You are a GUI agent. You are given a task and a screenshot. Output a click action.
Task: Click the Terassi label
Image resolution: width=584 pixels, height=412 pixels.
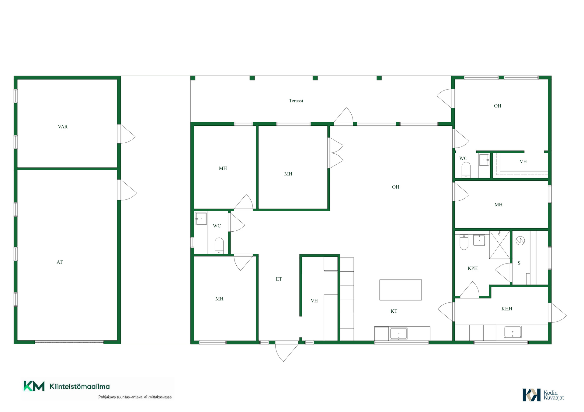(296, 101)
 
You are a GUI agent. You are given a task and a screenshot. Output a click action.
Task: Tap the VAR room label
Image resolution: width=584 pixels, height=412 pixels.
(63, 127)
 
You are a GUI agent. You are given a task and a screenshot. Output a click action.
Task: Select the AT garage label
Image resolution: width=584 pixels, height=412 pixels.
(60, 262)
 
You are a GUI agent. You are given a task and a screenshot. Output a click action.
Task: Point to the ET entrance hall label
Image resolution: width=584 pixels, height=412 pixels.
(279, 279)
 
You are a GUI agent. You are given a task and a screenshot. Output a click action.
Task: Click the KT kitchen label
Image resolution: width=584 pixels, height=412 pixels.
(394, 311)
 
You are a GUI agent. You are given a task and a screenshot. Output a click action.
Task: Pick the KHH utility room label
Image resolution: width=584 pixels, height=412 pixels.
(507, 309)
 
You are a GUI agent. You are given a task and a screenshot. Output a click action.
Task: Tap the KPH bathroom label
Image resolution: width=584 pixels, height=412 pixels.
(473, 268)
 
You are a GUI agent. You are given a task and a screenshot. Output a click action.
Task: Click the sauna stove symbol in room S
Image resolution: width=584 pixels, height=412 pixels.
(520, 241)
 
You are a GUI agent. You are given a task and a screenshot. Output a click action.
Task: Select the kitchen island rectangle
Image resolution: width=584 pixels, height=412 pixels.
(400, 290)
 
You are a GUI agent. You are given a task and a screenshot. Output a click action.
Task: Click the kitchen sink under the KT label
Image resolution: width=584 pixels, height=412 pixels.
(398, 334)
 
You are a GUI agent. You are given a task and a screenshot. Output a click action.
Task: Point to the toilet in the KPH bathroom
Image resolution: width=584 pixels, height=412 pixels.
(464, 242)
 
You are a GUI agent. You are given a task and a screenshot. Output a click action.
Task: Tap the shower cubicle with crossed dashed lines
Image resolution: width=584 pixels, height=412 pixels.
(499, 245)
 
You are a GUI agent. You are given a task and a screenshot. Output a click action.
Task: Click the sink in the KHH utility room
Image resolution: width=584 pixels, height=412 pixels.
(513, 332)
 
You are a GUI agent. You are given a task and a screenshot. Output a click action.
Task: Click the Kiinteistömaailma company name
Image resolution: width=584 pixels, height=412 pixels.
(80, 386)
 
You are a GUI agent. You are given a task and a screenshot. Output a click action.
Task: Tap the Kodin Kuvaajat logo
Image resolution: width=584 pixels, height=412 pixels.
(543, 395)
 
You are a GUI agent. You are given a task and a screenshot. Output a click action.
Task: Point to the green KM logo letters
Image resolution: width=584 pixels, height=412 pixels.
(34, 386)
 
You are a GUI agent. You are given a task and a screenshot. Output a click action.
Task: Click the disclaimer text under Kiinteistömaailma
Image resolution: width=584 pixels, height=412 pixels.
(135, 397)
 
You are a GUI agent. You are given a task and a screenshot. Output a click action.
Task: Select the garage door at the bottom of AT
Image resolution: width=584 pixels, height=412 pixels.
(69, 342)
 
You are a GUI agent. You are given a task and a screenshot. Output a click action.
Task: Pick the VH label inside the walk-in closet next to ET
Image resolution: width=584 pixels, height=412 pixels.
(314, 301)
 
